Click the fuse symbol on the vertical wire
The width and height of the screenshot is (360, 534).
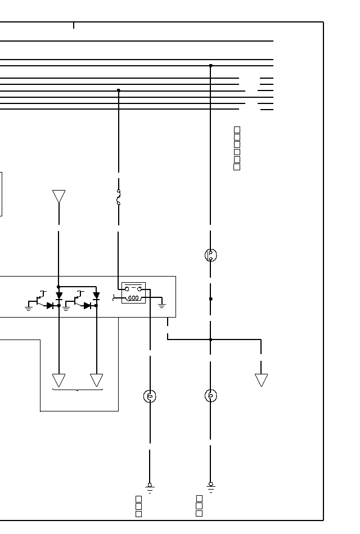[x=119, y=197]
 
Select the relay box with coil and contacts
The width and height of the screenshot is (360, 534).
[x=133, y=293]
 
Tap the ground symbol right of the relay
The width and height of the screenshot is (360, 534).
[x=162, y=305]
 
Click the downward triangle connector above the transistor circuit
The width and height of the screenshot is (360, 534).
[x=58, y=196]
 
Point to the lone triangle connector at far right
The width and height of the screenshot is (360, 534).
[x=261, y=380]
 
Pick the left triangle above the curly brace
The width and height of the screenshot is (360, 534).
[x=58, y=380]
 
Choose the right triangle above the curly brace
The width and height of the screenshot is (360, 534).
[x=96, y=380]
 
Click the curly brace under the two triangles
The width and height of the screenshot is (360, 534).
[x=77, y=390]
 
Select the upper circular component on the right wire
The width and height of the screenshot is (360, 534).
[x=210, y=255]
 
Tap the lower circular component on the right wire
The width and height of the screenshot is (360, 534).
[x=210, y=396]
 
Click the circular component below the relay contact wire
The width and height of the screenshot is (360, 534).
[x=150, y=396]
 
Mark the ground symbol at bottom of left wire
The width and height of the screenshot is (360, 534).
[x=150, y=487]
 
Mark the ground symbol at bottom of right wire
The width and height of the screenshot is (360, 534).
[x=210, y=486]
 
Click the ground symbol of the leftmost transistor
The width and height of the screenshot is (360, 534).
[x=29, y=308]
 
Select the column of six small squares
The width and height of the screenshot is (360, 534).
[x=237, y=148]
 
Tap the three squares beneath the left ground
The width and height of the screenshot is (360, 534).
[x=138, y=506]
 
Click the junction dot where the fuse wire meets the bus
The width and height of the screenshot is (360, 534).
[x=118, y=90]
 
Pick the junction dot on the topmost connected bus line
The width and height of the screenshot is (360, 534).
[x=210, y=66]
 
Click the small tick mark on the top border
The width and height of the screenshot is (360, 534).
[x=73, y=25]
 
